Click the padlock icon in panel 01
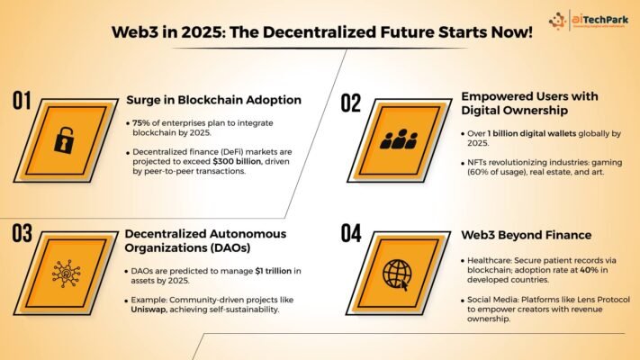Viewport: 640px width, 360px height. click(65, 140)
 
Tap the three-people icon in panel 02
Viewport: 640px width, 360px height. click(399, 139)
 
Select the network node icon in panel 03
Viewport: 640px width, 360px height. click(66, 274)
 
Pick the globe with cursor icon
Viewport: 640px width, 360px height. click(397, 274)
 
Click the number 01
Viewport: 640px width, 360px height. click(22, 101)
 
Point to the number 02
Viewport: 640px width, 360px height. click(351, 103)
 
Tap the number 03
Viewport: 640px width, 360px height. click(22, 233)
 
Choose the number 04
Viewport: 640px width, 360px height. click(351, 233)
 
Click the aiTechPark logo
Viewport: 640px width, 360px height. click(588, 20)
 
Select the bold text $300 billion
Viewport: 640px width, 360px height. click(237, 161)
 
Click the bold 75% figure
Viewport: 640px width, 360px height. click(140, 123)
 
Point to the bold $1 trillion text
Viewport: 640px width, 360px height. click(274, 271)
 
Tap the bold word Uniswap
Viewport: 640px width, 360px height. click(149, 310)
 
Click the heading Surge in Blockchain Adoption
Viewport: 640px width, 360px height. click(214, 100)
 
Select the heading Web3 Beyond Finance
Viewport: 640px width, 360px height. click(526, 235)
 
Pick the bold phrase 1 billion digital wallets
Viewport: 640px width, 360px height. click(532, 133)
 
